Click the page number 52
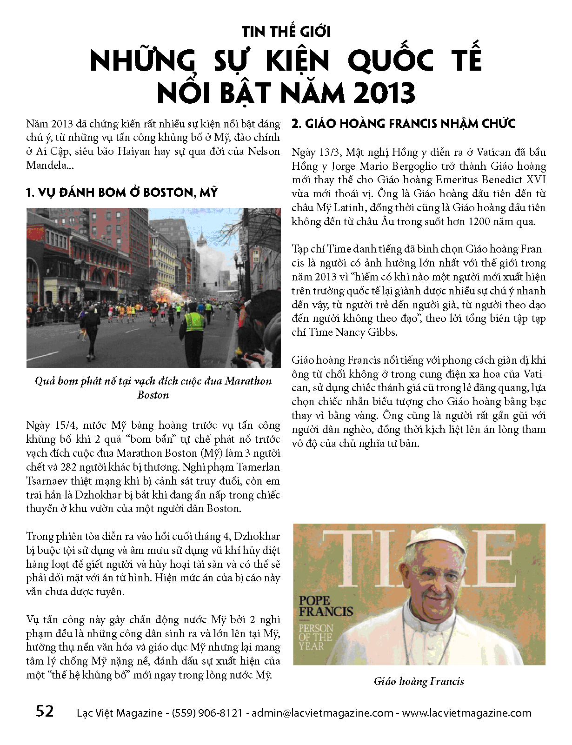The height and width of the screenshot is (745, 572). pos(45,711)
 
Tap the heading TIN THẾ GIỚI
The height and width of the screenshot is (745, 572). pos(286,32)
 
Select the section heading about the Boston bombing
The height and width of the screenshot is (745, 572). pos(122,193)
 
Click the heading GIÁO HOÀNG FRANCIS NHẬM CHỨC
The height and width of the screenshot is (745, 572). pos(403,124)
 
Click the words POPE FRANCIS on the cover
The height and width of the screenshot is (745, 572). pos(325,606)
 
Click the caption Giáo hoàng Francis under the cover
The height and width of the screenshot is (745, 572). pos(419,681)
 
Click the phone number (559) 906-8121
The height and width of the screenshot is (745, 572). pos(207,713)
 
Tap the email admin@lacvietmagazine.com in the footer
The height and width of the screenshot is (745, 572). pos(322,713)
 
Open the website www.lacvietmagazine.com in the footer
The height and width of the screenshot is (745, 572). pos(466,713)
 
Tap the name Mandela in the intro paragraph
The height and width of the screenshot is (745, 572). pos(46,165)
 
